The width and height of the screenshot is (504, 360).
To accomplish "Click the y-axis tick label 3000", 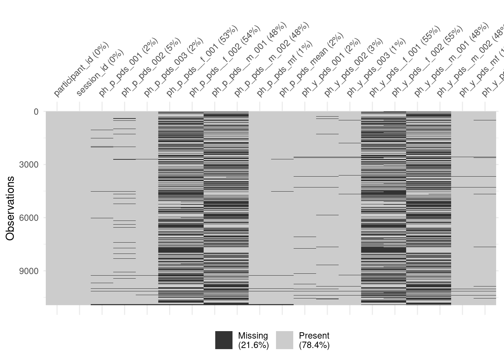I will click(28, 165).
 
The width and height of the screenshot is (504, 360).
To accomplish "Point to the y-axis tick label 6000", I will click(28, 218).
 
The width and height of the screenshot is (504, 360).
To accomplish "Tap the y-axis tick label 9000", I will click(28, 271).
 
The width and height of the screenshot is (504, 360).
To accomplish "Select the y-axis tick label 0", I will click(36, 112).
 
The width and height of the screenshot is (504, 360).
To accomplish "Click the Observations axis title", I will click(10, 208).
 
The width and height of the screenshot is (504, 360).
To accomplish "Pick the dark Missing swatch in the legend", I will click(223, 340).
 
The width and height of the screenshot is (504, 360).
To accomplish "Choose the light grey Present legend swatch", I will click(284, 340).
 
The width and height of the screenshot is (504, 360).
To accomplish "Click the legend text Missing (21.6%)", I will click(253, 340).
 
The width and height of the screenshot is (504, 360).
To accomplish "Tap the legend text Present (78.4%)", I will click(314, 340).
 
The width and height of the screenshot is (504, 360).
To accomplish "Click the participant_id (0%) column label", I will click(81, 69).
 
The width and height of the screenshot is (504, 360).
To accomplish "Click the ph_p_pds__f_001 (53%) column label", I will click(202, 61).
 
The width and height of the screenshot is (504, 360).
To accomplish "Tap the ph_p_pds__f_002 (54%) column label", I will click(224, 61).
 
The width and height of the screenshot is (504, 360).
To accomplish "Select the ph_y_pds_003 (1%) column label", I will click(376, 67).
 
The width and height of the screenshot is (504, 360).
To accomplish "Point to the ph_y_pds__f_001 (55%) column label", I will click(404, 61).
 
